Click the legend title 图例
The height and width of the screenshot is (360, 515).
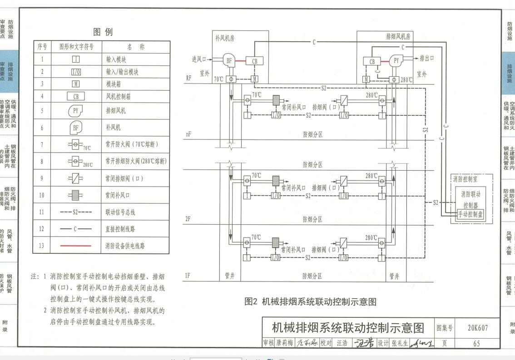point(103,32)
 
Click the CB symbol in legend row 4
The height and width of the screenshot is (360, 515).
point(76,96)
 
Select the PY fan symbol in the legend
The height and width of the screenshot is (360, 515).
point(75,111)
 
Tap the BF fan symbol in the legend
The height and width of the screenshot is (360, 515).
point(75,128)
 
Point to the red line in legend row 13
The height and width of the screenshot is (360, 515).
point(75,246)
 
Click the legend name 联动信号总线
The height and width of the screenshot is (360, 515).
point(120,212)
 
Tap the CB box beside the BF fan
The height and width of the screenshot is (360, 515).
point(254,61)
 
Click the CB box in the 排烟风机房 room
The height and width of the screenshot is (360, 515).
point(372,61)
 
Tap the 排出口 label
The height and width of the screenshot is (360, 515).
point(426,58)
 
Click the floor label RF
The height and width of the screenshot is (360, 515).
point(188,78)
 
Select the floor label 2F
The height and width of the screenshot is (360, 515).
point(188,219)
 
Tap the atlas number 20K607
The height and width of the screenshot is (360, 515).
point(476,328)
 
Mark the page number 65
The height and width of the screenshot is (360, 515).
point(476,343)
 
